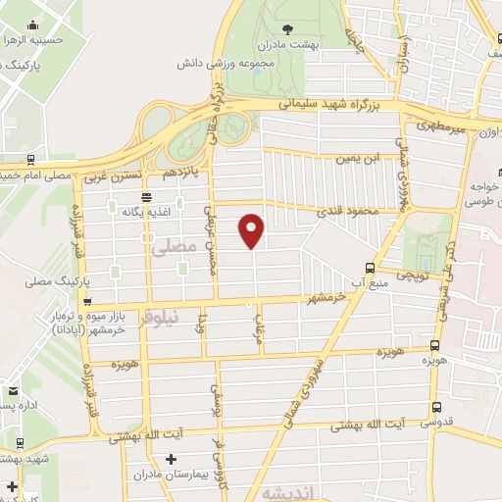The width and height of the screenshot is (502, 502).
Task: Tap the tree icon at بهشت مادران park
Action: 286,29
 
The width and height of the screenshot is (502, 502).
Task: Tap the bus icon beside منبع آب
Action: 370,268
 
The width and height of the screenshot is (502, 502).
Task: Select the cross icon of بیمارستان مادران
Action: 171,459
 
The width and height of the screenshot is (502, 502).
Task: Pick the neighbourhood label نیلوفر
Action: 160,319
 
